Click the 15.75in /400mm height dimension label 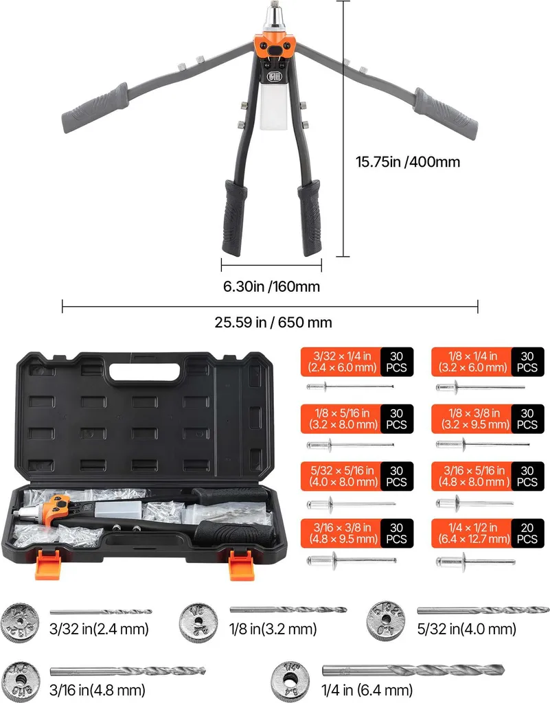click(407, 161)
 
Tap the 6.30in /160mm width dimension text click(272, 286)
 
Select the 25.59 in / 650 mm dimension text click(273, 322)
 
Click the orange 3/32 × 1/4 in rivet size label click(341, 362)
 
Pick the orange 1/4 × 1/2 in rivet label click(472, 533)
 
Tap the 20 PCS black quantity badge click(527, 533)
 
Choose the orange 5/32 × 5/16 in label click(341, 476)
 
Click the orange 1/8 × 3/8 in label click(472, 419)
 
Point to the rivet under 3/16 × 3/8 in click(352, 560)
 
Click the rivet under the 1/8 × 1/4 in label click(480, 387)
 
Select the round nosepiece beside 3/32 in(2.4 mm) click(20, 623)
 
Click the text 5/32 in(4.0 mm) click(467, 629)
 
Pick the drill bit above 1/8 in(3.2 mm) click(288, 610)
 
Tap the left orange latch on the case click(47, 564)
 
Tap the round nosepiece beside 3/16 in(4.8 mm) click(20, 681)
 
